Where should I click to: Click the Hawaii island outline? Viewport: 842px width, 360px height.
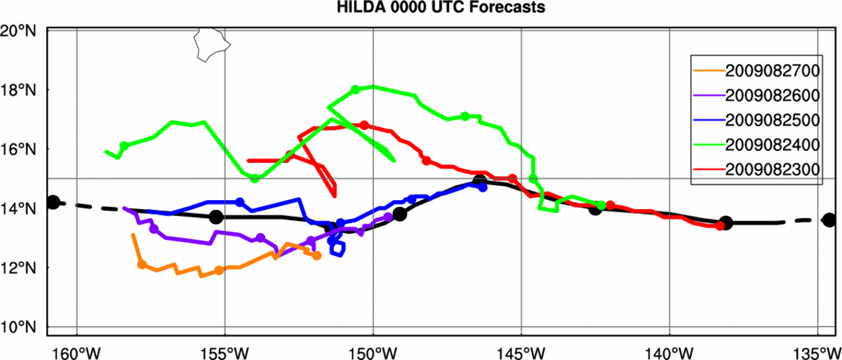208,45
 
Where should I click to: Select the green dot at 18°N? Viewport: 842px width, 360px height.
355,90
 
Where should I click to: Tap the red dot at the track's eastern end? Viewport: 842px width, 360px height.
720,226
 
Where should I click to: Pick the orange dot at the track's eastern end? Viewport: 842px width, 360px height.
316,256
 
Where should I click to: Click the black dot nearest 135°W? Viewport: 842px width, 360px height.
829,220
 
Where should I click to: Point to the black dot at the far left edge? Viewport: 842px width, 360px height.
53,202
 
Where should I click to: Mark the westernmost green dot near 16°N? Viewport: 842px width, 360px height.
124,146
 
